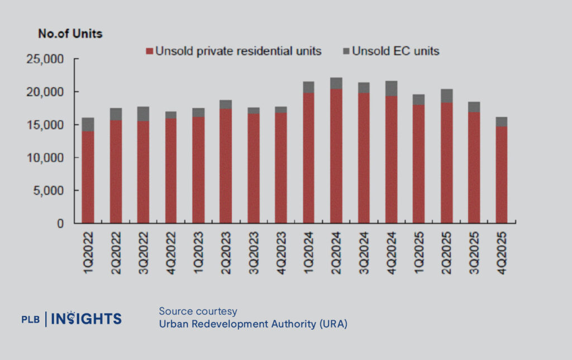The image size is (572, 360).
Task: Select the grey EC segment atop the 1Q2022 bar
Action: (88, 125)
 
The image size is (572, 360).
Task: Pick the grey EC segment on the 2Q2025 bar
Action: (446, 96)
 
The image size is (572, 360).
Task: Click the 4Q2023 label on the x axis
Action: (281, 245)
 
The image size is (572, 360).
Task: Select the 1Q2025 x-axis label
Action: (419, 245)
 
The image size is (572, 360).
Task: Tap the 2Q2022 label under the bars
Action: (116, 245)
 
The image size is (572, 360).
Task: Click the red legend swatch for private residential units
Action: (149, 51)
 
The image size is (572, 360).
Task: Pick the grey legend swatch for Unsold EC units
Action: (345, 51)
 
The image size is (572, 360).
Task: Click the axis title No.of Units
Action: (70, 34)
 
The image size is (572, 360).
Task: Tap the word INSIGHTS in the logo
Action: (86, 319)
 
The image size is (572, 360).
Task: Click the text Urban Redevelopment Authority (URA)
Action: (253, 324)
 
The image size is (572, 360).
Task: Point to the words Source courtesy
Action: (198, 311)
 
